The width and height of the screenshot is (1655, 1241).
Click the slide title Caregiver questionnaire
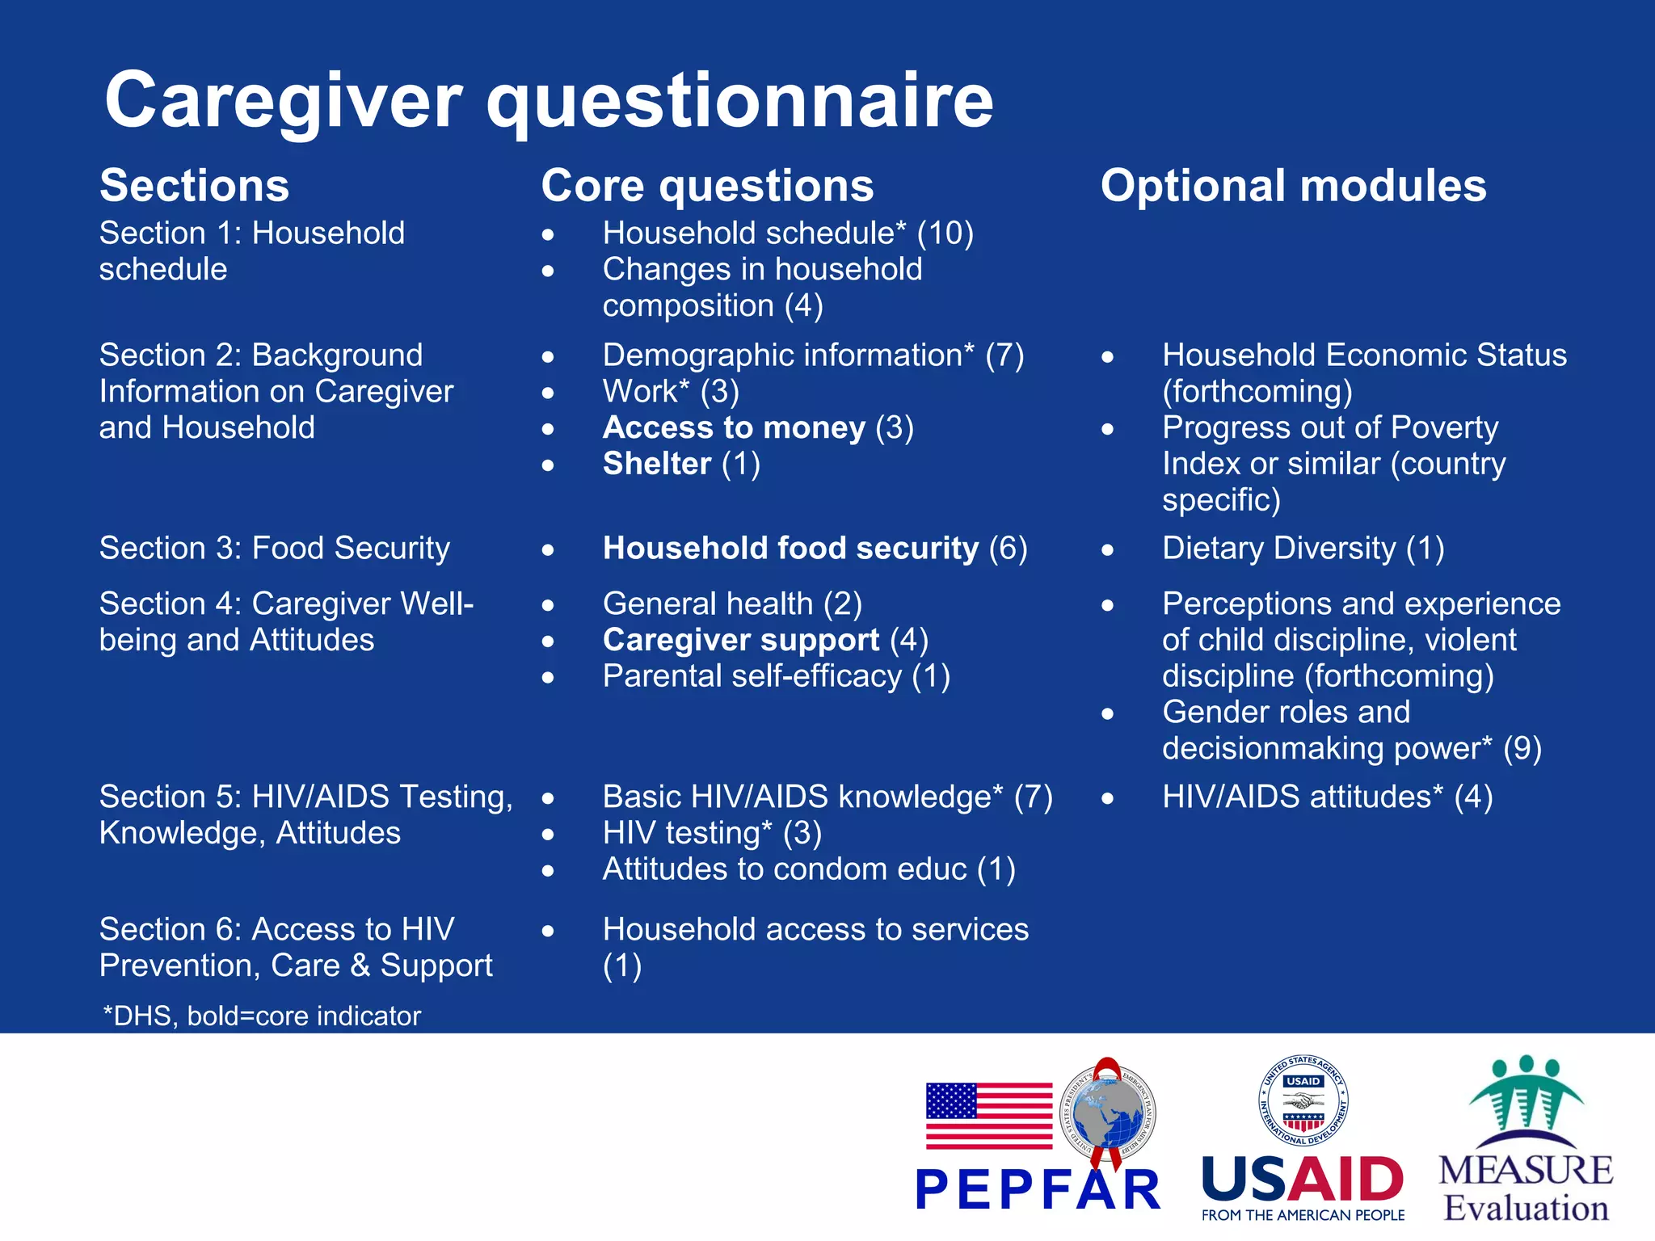click(549, 100)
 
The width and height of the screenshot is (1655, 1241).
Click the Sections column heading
click(194, 186)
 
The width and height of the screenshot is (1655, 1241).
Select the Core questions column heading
click(707, 186)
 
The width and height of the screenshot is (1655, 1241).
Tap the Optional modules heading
click(1293, 186)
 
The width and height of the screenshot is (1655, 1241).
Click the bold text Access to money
click(734, 427)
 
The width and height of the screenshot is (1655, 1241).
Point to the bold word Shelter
click(657, 464)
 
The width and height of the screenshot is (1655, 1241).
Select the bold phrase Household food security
click(790, 549)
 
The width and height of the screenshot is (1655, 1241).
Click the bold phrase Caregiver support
click(740, 640)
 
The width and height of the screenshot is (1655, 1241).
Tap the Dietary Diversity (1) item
click(1303, 549)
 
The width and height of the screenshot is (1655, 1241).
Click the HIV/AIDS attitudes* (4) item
click(1327, 797)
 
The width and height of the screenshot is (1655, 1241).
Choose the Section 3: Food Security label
click(275, 549)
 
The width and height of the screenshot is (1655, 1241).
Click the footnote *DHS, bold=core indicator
click(262, 1016)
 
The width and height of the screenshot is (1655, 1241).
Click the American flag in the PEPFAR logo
click(989, 1116)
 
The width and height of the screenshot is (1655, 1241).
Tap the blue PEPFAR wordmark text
click(1038, 1190)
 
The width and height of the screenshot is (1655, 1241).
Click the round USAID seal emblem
click(1303, 1100)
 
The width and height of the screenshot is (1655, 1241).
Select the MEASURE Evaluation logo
click(1526, 1139)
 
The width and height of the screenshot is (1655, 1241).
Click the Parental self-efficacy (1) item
click(776, 676)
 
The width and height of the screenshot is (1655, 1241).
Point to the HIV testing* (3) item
click(712, 833)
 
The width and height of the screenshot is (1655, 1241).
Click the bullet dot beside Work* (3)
click(549, 393)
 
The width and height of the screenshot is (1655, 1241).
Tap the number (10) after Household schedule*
click(945, 233)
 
